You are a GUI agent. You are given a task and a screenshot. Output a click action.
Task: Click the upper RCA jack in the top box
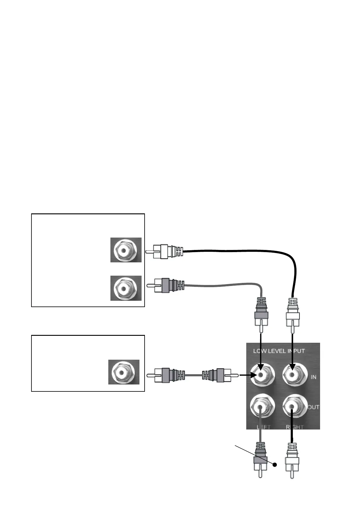124,250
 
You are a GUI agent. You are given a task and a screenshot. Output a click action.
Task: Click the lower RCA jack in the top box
124,288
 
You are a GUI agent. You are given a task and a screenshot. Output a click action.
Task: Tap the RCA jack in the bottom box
122,372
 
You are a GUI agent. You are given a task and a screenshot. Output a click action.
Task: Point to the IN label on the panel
313,377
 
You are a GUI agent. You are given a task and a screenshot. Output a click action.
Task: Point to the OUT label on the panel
314,407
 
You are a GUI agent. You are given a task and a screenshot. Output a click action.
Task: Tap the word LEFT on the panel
263,427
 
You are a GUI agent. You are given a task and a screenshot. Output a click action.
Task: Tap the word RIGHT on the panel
295,427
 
